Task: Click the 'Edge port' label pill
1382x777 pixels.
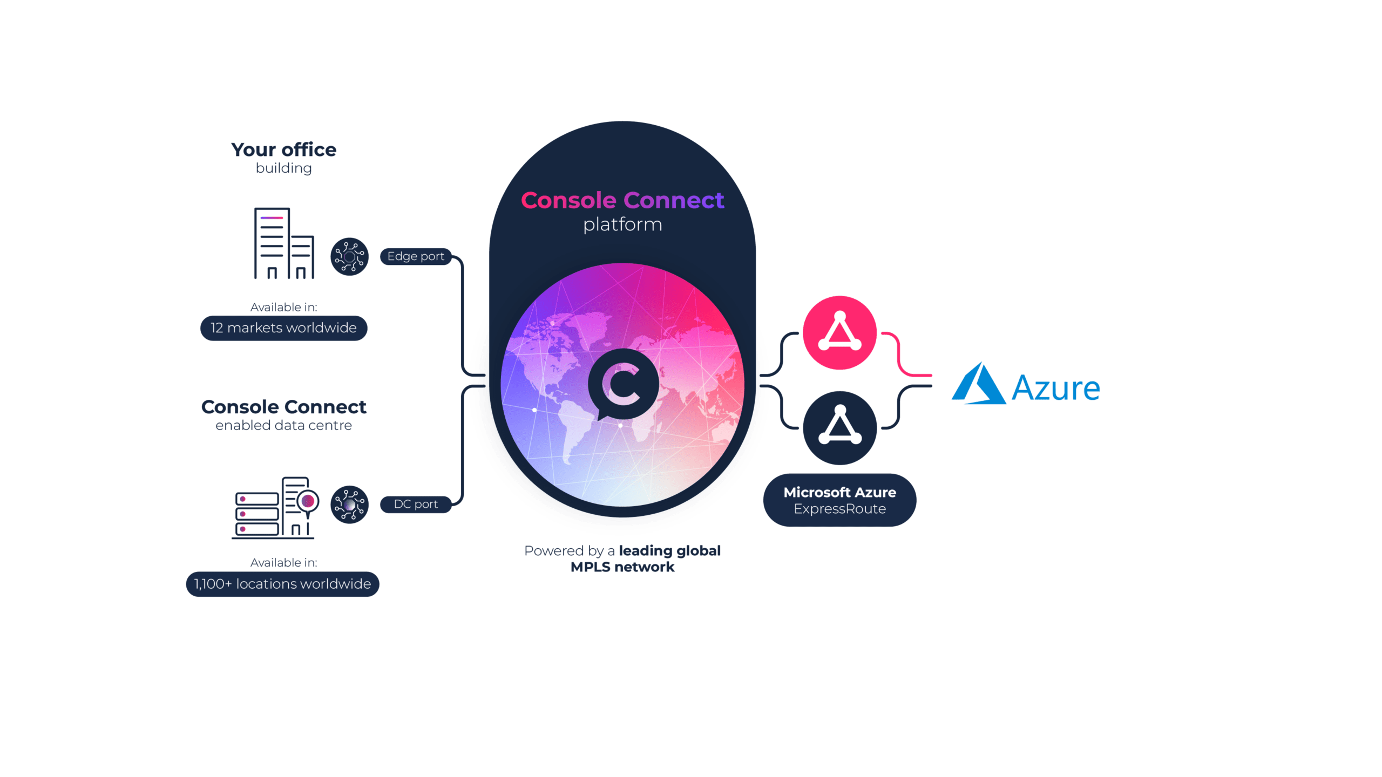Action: (416, 256)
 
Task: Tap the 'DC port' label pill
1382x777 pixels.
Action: (416, 504)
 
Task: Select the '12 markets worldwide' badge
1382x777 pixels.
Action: (283, 328)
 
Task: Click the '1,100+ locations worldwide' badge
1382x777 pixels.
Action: (282, 584)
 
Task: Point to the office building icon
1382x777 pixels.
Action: (284, 243)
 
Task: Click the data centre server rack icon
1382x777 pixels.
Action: (275, 508)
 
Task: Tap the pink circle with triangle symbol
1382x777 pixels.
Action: (839, 332)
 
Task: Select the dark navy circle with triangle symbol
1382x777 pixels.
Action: (839, 428)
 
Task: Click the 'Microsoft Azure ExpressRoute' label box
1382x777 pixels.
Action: (839, 500)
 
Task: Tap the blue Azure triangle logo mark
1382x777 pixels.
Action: (978, 384)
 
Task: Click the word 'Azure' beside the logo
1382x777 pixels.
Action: (1055, 388)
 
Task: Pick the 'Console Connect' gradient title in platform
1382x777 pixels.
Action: (622, 200)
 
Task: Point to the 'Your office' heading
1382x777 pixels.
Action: (283, 149)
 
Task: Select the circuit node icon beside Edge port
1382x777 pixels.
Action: (349, 256)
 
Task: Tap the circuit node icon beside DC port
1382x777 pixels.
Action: (349, 504)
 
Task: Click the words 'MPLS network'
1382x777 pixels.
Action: (622, 567)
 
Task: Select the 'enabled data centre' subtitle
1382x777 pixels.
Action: (283, 425)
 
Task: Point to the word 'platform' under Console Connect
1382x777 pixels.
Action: (622, 224)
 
